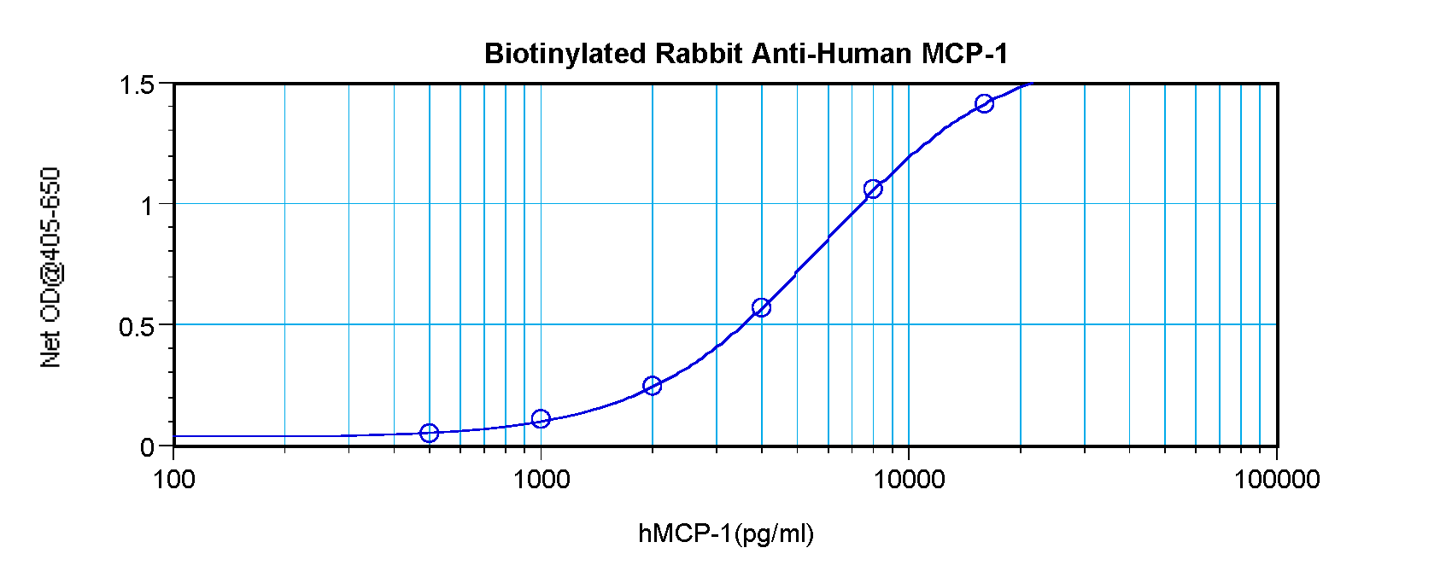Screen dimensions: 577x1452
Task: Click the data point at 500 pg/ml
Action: pyautogui.click(x=429, y=434)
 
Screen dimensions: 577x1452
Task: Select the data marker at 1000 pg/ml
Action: pyautogui.click(x=540, y=419)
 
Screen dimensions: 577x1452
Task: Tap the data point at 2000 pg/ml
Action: pyautogui.click(x=652, y=386)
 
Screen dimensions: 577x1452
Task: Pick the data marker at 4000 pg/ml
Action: pyautogui.click(x=761, y=307)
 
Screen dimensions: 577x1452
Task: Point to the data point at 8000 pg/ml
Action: pyautogui.click(x=872, y=189)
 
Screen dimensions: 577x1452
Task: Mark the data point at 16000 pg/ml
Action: pyautogui.click(x=984, y=103)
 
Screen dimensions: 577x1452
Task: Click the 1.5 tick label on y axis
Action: pyautogui.click(x=137, y=85)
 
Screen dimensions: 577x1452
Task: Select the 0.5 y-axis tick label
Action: pyautogui.click(x=137, y=326)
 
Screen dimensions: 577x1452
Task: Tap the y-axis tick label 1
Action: pyautogui.click(x=147, y=206)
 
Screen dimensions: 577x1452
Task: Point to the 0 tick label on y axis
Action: pyautogui.click(x=147, y=447)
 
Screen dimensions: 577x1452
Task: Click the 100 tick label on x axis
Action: pyautogui.click(x=174, y=480)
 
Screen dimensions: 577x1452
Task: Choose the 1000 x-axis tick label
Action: pyautogui.click(x=541, y=480)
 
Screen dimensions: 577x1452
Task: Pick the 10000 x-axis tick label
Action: pyautogui.click(x=908, y=480)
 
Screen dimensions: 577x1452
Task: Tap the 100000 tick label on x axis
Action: pyautogui.click(x=1276, y=480)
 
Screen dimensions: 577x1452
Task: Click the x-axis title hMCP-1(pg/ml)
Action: pyautogui.click(x=726, y=534)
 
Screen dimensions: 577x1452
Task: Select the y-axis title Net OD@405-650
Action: pyautogui.click(x=51, y=267)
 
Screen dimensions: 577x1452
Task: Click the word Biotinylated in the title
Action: pyautogui.click(x=565, y=54)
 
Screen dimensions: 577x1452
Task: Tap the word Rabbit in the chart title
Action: pyautogui.click(x=698, y=54)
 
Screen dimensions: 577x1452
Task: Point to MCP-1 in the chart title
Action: pyautogui.click(x=964, y=54)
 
